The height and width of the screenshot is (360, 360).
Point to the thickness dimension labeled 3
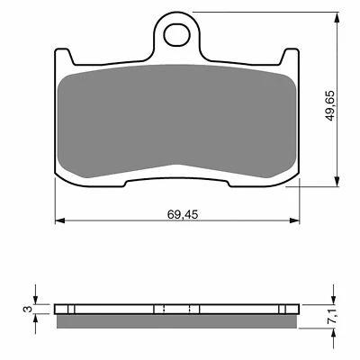coord(28,309)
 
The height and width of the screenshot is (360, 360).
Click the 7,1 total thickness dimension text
coord(331,315)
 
